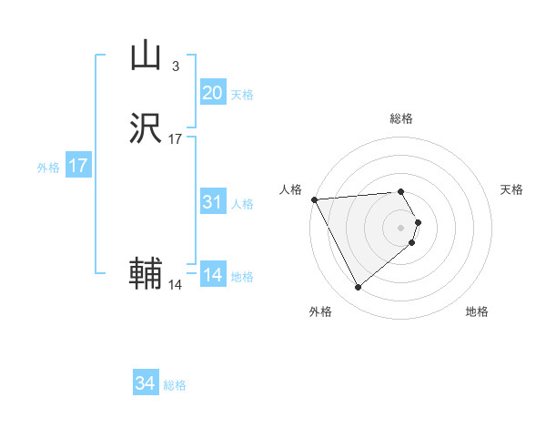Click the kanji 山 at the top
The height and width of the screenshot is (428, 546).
tap(146, 56)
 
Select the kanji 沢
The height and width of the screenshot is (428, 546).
tap(146, 129)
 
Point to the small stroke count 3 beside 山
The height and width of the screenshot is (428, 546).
tap(176, 66)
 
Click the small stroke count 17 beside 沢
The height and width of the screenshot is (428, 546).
tap(176, 139)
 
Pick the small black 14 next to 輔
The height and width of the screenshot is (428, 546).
tap(176, 285)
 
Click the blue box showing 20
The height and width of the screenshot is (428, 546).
tap(212, 93)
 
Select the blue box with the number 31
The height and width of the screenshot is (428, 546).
tap(212, 202)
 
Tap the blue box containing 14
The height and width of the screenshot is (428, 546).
tap(212, 275)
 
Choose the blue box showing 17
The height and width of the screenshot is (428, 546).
tap(78, 167)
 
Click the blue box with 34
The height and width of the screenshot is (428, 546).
tap(146, 384)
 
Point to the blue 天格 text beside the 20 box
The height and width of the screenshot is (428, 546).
tap(242, 95)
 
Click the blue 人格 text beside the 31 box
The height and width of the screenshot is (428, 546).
tap(242, 204)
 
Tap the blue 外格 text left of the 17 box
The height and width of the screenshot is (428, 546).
tap(48, 168)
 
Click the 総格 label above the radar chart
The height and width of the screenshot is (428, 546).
tap(401, 118)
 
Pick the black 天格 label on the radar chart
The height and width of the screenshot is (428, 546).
tap(511, 189)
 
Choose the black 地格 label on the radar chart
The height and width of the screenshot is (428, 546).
tap(477, 312)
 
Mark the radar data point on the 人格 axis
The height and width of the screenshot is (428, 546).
tap(313, 199)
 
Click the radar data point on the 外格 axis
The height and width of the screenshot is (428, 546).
tap(358, 288)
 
